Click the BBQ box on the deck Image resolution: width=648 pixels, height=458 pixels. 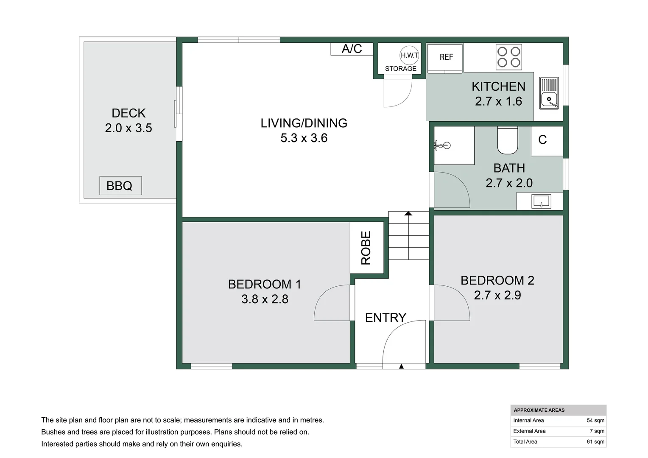(120, 185)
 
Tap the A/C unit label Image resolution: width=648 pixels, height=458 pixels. (352, 49)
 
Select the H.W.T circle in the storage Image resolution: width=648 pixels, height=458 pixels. (409, 55)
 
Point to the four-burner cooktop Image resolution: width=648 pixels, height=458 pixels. (509, 57)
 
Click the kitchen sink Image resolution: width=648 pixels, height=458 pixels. (549, 93)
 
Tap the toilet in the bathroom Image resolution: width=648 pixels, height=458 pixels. (507, 141)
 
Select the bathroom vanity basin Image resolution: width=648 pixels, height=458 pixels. (541, 202)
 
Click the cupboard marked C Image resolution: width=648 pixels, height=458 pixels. (547, 141)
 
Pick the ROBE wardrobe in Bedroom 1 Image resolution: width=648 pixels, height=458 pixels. (367, 248)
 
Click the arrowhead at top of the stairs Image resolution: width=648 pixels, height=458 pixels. (408, 213)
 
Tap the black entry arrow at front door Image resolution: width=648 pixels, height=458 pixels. (401, 366)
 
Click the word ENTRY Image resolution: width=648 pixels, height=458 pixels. (385, 318)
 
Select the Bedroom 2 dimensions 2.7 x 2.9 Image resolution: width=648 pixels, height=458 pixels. (497, 295)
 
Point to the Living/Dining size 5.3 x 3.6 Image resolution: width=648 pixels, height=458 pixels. (304, 138)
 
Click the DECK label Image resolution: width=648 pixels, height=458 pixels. (128, 113)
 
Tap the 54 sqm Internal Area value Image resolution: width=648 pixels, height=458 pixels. (595, 420)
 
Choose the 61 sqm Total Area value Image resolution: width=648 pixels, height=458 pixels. (595, 441)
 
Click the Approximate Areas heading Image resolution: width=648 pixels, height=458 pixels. (539, 410)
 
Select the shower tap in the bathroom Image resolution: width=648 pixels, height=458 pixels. (442, 145)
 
